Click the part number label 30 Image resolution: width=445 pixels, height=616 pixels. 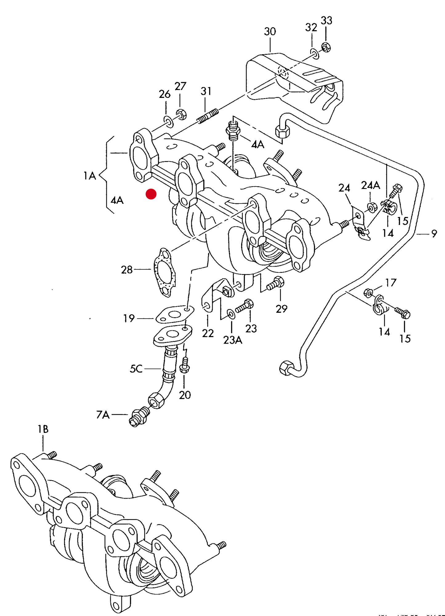coord(270,31)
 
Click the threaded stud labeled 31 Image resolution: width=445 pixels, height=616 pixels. coord(208,115)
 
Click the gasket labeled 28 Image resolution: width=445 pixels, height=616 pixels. coord(165,272)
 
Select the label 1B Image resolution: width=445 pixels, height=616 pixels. coord(43,429)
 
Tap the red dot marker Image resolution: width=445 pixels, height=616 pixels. coord(151,194)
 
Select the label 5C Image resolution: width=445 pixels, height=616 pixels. coord(136,368)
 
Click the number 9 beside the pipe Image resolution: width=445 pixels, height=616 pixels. coord(434,234)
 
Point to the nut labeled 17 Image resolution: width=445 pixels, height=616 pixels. coord(368,292)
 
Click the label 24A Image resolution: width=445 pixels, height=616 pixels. coord(370,185)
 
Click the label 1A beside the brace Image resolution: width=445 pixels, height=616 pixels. coord(90,176)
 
